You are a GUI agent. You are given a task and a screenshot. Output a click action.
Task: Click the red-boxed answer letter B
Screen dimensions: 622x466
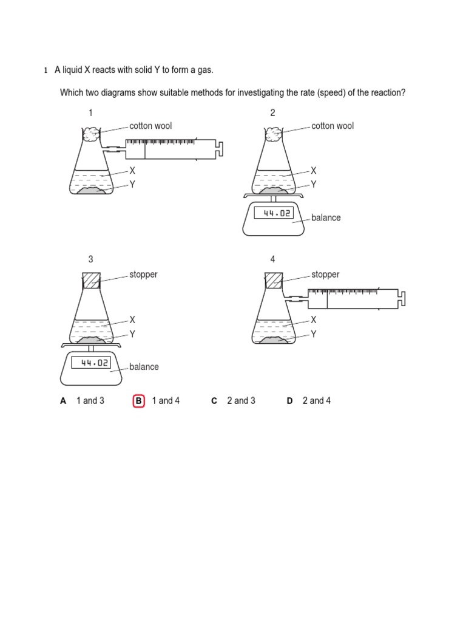point(138,401)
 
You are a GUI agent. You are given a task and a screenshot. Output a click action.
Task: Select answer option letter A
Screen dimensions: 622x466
point(63,401)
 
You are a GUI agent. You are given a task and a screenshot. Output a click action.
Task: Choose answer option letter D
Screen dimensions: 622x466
point(289,401)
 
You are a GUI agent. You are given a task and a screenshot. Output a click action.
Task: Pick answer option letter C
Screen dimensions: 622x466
point(214,401)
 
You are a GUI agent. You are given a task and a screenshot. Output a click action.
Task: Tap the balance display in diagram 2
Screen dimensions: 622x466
point(274,213)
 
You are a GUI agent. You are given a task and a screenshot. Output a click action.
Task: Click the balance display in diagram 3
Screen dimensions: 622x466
point(91,363)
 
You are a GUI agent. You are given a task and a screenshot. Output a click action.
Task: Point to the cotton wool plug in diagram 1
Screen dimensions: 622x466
point(91,135)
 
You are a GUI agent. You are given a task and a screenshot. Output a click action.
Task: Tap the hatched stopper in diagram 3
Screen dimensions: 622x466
point(91,281)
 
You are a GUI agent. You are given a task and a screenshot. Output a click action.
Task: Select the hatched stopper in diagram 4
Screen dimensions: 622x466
point(274,281)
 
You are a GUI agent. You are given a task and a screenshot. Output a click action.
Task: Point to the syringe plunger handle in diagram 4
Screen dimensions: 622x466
point(403,298)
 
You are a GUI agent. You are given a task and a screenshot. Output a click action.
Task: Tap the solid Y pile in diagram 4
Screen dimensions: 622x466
point(274,340)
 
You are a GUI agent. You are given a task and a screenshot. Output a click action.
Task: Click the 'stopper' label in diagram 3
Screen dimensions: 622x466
point(143,275)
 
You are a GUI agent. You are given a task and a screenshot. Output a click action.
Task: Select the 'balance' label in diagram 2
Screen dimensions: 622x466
point(326,217)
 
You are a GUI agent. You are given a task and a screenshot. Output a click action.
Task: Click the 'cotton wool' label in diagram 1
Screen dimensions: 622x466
point(150,126)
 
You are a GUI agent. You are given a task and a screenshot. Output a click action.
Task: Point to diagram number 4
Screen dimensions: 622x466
point(273,259)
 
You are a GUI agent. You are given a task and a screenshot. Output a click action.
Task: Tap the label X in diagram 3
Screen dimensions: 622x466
point(132,320)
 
